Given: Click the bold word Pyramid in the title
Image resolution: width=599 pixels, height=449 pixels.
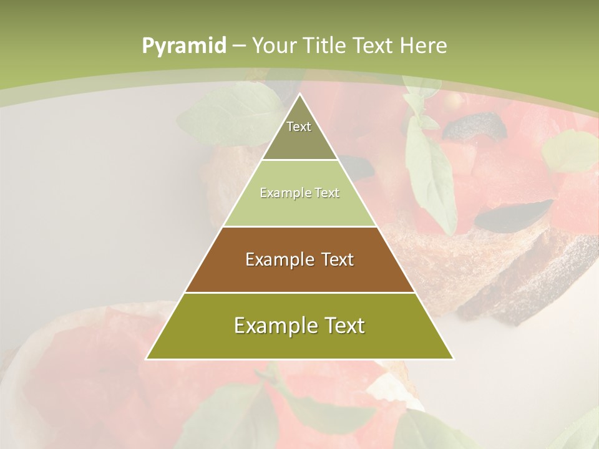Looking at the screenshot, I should coord(183,46).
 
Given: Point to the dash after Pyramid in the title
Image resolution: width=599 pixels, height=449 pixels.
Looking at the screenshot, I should coord(239,46).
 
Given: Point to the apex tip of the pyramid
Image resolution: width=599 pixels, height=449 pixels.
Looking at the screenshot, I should coord(299,95).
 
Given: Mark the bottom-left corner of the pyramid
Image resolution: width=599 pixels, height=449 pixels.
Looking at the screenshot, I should coord(147,359).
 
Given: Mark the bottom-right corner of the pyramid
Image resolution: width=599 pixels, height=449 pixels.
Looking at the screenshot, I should coord(452,359).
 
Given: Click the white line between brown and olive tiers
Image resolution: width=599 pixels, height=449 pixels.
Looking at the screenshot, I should coord(299,292).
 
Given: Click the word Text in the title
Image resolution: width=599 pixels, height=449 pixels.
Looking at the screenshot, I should coord(374,46).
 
